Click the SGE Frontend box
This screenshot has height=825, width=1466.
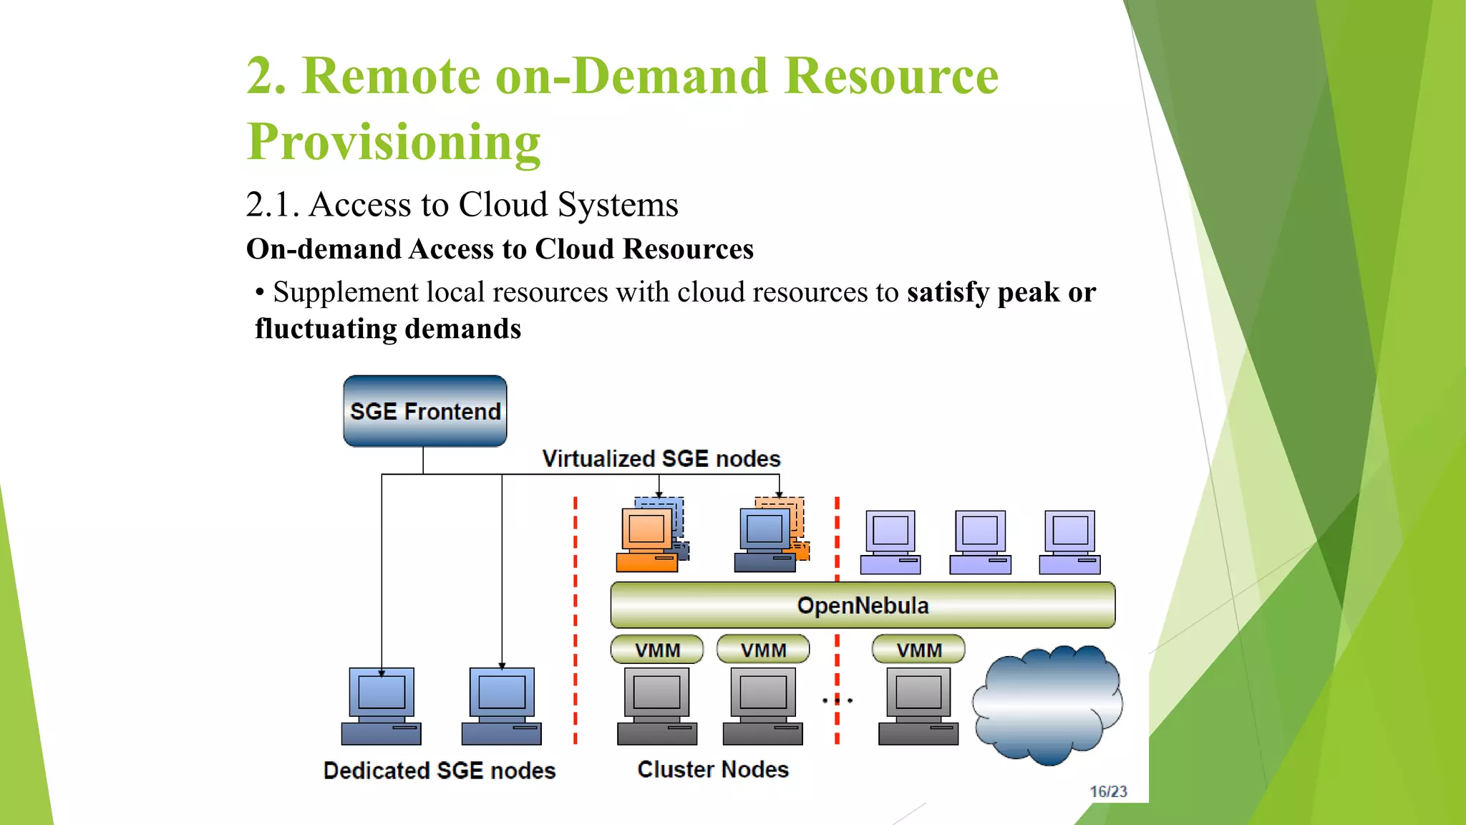coord(424,411)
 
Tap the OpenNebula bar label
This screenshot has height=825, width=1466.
coord(863,606)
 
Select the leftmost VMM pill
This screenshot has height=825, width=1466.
coord(657,650)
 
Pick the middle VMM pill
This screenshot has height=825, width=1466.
coord(763,650)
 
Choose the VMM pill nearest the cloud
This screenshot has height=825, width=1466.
coord(918,650)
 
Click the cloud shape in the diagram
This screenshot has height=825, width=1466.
coord(1047,705)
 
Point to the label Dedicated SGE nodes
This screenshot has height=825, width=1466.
coord(440,771)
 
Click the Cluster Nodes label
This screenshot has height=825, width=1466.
coord(713,769)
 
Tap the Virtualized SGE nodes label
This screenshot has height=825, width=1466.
coord(661,458)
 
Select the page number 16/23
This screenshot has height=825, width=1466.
coord(1108,791)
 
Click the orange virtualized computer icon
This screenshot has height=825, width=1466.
coord(647,539)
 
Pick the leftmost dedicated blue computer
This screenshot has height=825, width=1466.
coord(382,705)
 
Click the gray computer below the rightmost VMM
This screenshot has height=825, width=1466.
coord(918,705)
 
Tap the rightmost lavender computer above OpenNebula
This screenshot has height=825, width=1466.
coord(1069,542)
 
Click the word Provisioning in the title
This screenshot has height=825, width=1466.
coord(394,142)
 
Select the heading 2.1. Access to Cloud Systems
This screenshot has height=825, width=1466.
coord(462,205)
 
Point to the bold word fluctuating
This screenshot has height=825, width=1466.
coord(326,329)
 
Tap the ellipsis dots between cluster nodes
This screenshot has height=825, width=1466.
coord(837,700)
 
